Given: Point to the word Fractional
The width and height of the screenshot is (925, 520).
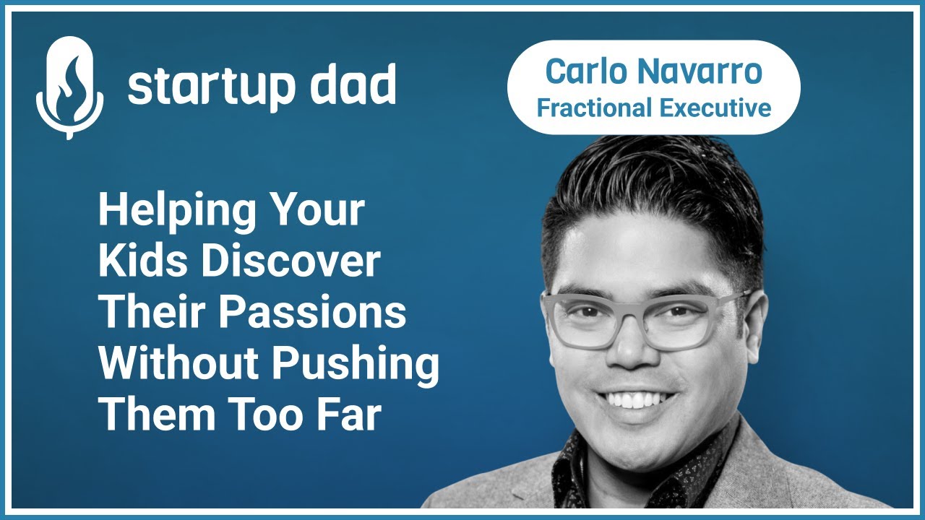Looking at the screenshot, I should (x=593, y=108).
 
